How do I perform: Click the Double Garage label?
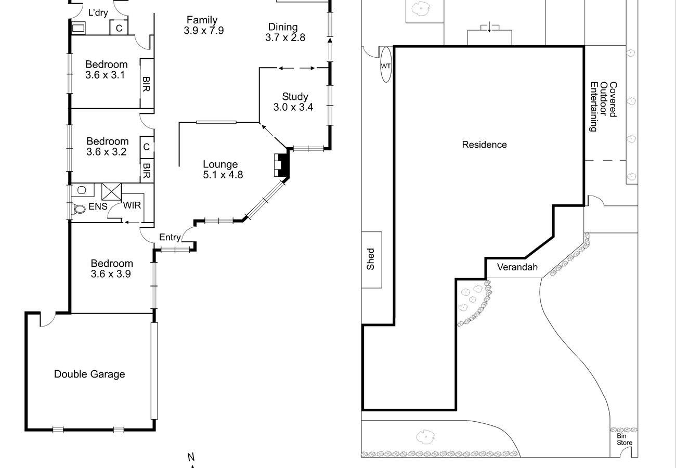pos(89,374)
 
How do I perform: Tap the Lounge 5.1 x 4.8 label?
pos(223,170)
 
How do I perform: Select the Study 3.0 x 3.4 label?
pos(293,102)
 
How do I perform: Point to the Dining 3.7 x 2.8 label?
pos(285,32)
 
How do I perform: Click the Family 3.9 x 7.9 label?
pos(204,25)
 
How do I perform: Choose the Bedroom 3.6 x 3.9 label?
pos(111,268)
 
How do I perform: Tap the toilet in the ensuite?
pos(79,209)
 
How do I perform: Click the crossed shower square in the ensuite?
pos(111,191)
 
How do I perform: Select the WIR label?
pos(132,205)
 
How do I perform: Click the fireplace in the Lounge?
pos(282,165)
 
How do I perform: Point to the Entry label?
pos(170,238)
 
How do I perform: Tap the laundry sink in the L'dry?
pos(79,29)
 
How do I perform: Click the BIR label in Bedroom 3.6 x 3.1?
pos(146,84)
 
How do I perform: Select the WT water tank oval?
pos(386,65)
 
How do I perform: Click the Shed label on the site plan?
pos(371,259)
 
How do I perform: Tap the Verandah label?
pos(517,267)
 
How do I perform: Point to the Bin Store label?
pos(625,439)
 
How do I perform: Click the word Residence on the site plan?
pos(484,145)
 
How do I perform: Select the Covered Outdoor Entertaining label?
pos(604,107)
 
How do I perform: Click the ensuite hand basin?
pos(82,190)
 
